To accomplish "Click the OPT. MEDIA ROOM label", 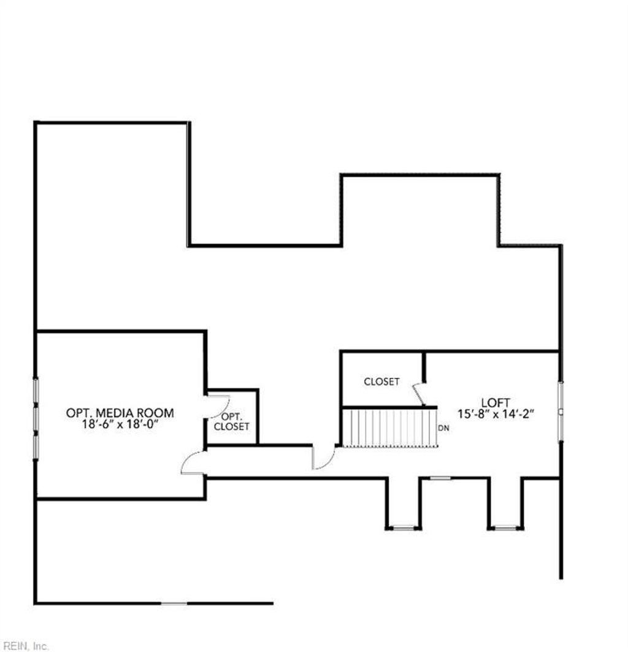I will coord(120,413).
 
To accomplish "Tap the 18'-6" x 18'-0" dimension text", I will coord(120,424).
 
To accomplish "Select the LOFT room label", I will coord(496,402).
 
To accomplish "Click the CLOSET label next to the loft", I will coord(381,382).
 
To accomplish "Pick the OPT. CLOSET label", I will coord(231,421).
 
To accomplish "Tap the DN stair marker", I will coord(443,428).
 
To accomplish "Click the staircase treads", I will coord(389,428).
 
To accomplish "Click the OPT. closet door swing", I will coord(218,404).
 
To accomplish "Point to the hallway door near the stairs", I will coord(323,459).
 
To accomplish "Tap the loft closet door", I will coord(419,394).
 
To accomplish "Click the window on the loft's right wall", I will coord(560,412).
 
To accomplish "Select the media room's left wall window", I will coord(36,417).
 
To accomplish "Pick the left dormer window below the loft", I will coord(403,527).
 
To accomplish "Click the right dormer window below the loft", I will coord(505,527).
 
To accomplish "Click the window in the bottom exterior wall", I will coord(174,604).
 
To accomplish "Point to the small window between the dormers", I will coord(440,478).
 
